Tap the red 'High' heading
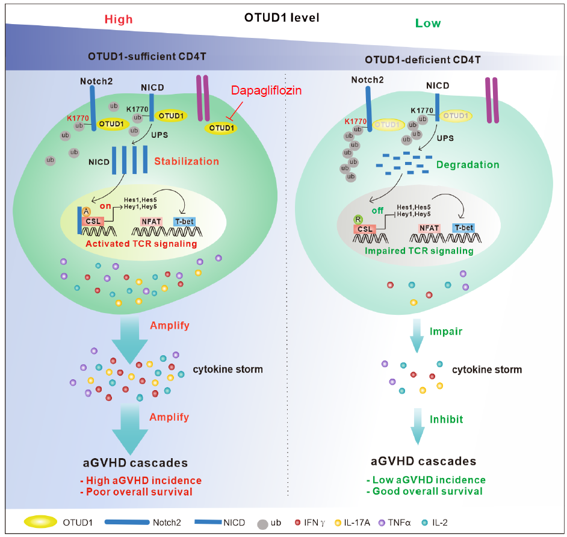118,19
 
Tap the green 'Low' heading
427,23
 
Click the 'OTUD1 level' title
281,17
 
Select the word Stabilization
187,161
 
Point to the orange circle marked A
87,210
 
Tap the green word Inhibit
447,418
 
